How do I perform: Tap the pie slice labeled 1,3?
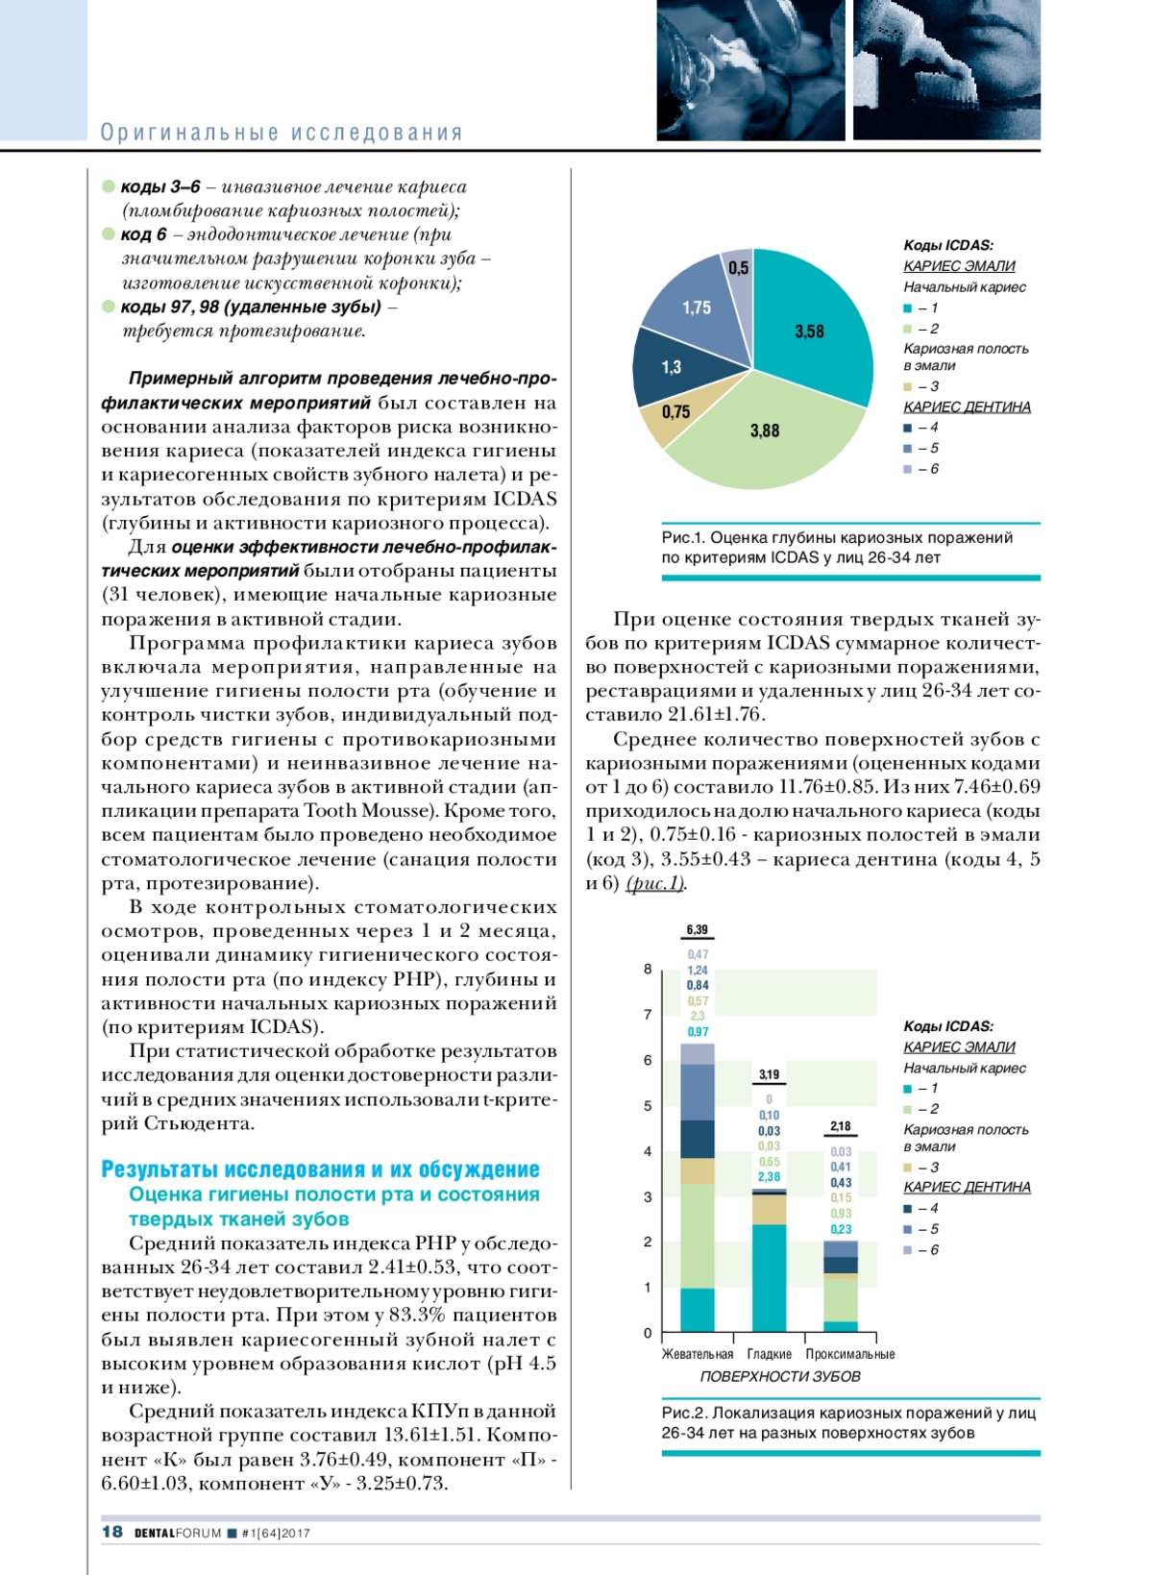pos(672,367)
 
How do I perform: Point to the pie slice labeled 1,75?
pos(697,308)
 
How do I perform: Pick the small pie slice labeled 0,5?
pos(738,268)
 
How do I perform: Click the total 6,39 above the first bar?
pos(697,929)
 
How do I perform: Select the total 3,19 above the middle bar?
pos(769,1074)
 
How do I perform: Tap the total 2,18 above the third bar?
pos(841,1125)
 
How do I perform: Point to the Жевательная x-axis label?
pos(697,1354)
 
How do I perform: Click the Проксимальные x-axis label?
pos(849,1354)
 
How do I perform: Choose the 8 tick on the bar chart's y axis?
pos(648,969)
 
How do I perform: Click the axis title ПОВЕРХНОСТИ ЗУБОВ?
pos(779,1376)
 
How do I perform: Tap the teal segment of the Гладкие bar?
pos(769,1278)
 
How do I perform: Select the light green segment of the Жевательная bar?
pos(697,1236)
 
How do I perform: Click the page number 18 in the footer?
pos(112,1532)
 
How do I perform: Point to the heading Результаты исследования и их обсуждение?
pos(320,1169)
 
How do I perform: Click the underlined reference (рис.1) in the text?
pos(654,883)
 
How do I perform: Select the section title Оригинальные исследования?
pos(282,133)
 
